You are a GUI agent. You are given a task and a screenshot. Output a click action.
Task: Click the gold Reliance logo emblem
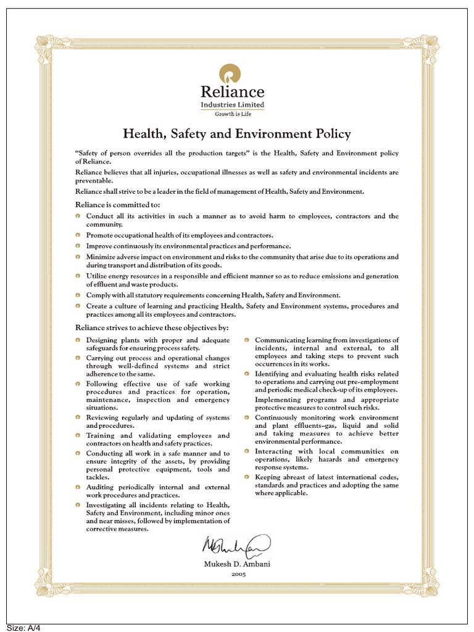click(232, 75)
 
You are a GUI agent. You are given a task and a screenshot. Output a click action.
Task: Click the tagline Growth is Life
click(232, 114)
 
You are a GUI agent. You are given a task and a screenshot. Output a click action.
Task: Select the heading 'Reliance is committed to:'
click(117, 204)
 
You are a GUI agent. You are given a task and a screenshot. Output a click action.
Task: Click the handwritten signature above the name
click(235, 546)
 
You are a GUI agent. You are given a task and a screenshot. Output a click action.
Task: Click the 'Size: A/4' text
click(23, 627)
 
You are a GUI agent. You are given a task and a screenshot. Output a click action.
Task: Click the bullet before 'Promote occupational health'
click(78, 235)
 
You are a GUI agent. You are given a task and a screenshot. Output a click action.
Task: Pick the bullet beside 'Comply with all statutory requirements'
click(78, 295)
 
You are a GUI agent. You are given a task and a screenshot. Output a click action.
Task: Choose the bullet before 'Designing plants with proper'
click(78, 340)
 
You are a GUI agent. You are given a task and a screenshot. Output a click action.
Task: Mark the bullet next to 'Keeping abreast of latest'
click(247, 477)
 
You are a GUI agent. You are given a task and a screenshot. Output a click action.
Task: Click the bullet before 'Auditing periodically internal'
click(78, 487)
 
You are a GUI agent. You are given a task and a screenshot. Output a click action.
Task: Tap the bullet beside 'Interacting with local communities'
click(247, 451)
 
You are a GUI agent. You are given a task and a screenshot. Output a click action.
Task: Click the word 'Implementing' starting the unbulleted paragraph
click(275, 399)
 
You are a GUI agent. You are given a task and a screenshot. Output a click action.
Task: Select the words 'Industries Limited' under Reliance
click(232, 105)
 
